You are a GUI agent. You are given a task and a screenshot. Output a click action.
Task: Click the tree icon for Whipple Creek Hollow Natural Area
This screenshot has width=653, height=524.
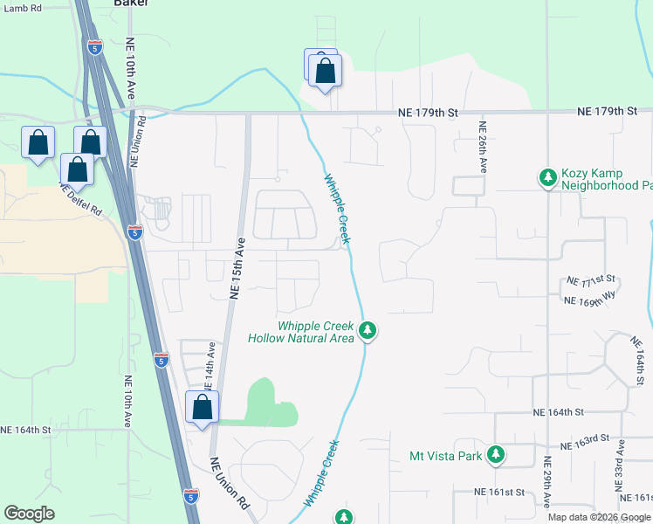pyautogui.click(x=368, y=330)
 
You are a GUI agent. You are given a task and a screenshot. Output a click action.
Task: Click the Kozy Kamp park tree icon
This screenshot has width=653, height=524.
pyautogui.click(x=547, y=178)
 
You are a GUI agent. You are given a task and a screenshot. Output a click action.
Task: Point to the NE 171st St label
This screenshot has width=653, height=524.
pyautogui.click(x=591, y=280)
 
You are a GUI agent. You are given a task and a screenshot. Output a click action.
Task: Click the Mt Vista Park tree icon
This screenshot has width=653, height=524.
pyautogui.click(x=496, y=455)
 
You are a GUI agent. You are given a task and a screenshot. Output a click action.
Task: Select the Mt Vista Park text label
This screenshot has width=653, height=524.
pyautogui.click(x=447, y=456)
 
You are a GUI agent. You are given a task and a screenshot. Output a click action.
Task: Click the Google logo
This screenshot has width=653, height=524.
pyautogui.click(x=30, y=514)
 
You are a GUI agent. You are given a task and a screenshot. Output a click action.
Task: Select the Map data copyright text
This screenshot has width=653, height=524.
pyautogui.click(x=600, y=517)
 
